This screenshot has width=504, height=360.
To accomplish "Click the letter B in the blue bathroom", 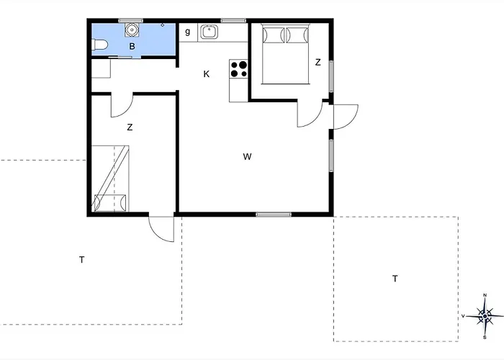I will coord(132,47).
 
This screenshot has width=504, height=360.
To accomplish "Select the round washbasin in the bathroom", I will coord(132,30).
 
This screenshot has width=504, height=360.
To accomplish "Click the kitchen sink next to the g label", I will coord(210,31).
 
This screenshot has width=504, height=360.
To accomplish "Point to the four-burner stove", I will coord(239,68).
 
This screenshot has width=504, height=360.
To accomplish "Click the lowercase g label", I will coord(188,32).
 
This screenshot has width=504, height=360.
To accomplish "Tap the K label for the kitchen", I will coord(207,74).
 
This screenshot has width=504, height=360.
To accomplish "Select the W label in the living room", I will coord(247,156).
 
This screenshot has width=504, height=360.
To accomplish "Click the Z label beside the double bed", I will coord(318,63).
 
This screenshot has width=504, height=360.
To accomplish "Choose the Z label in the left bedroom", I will coord(130,128).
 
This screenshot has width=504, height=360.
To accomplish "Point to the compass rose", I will coord(485,315).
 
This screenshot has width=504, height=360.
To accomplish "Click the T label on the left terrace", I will coord(82,259).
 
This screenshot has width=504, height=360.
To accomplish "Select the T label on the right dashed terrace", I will coord(395,278).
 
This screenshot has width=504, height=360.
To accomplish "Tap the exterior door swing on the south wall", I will coord(162,229).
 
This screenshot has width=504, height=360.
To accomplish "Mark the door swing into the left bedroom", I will coord(121,106).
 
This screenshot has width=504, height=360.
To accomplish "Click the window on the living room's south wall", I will coord(274,214).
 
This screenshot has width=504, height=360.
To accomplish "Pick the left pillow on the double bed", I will coord(273,34).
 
